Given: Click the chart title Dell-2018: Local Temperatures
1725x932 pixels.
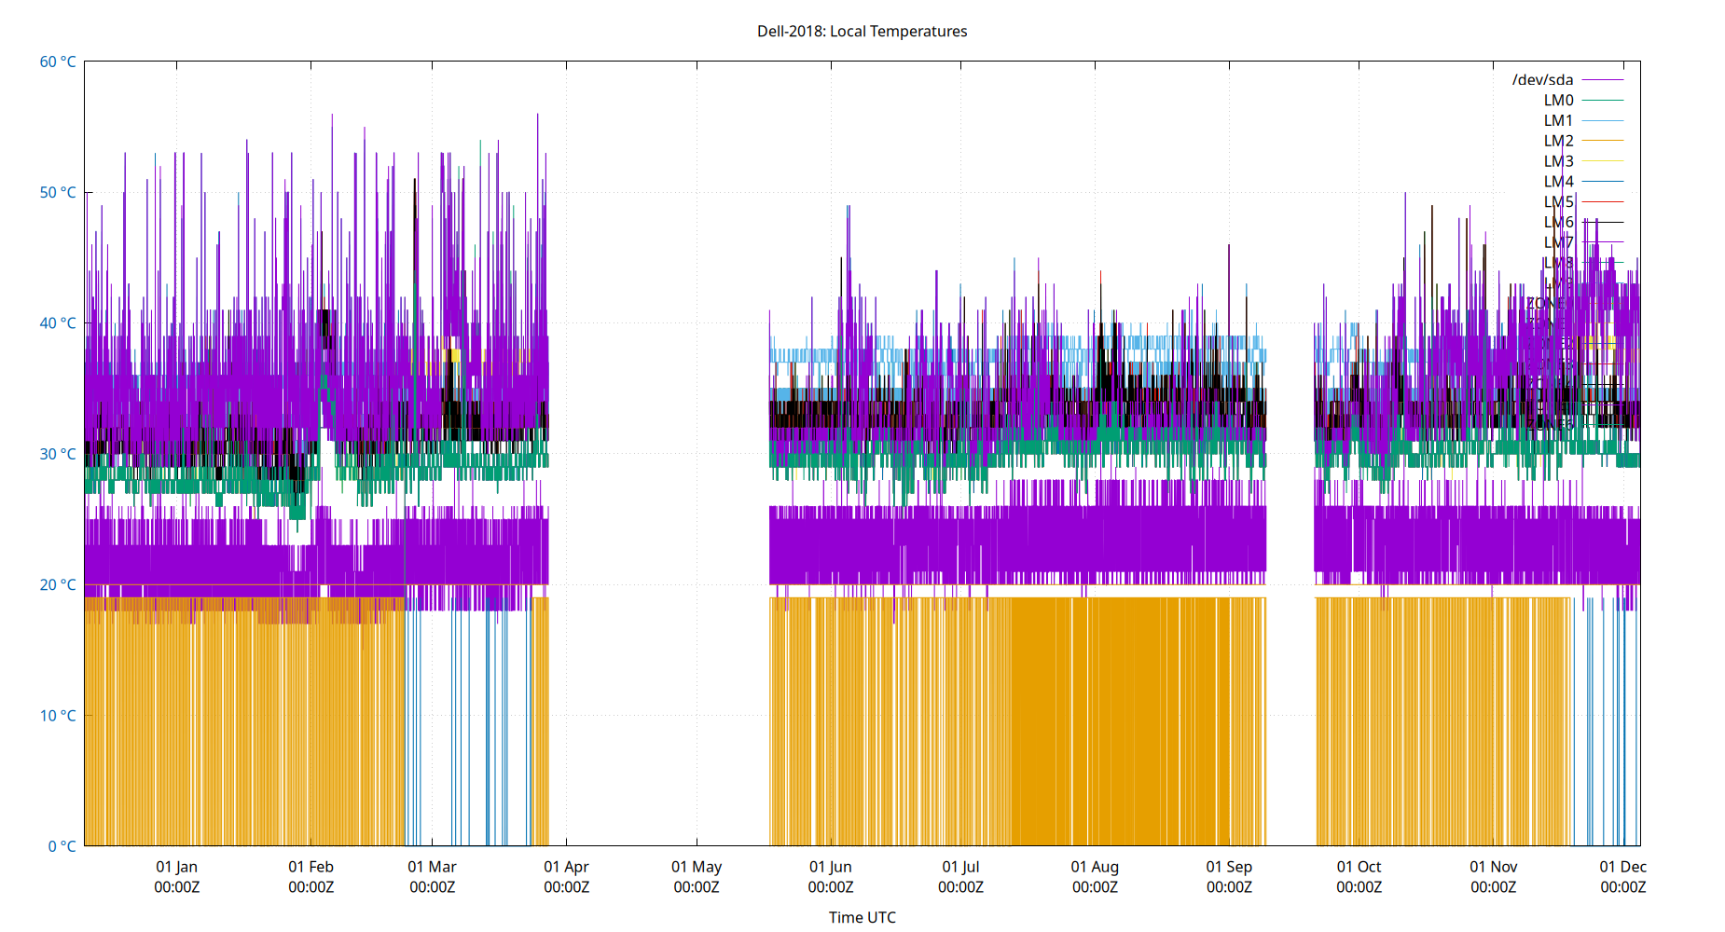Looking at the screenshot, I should pyautogui.click(x=862, y=31).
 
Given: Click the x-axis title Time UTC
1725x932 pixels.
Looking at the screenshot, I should pyautogui.click(x=862, y=917).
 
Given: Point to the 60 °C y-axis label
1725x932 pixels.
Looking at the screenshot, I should pyautogui.click(x=58, y=62).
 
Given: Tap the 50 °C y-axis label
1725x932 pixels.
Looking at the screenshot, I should pyautogui.click(x=58, y=192).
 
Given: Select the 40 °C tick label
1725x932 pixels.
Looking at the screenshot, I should pyautogui.click(x=58, y=323).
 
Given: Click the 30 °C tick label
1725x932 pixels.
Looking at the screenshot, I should pyautogui.click(x=58, y=454).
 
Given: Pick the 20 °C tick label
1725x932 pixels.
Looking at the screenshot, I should pyautogui.click(x=58, y=584).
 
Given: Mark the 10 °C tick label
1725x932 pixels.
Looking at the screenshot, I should pyautogui.click(x=58, y=716).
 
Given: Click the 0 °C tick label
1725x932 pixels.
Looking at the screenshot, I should pyautogui.click(x=62, y=846).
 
